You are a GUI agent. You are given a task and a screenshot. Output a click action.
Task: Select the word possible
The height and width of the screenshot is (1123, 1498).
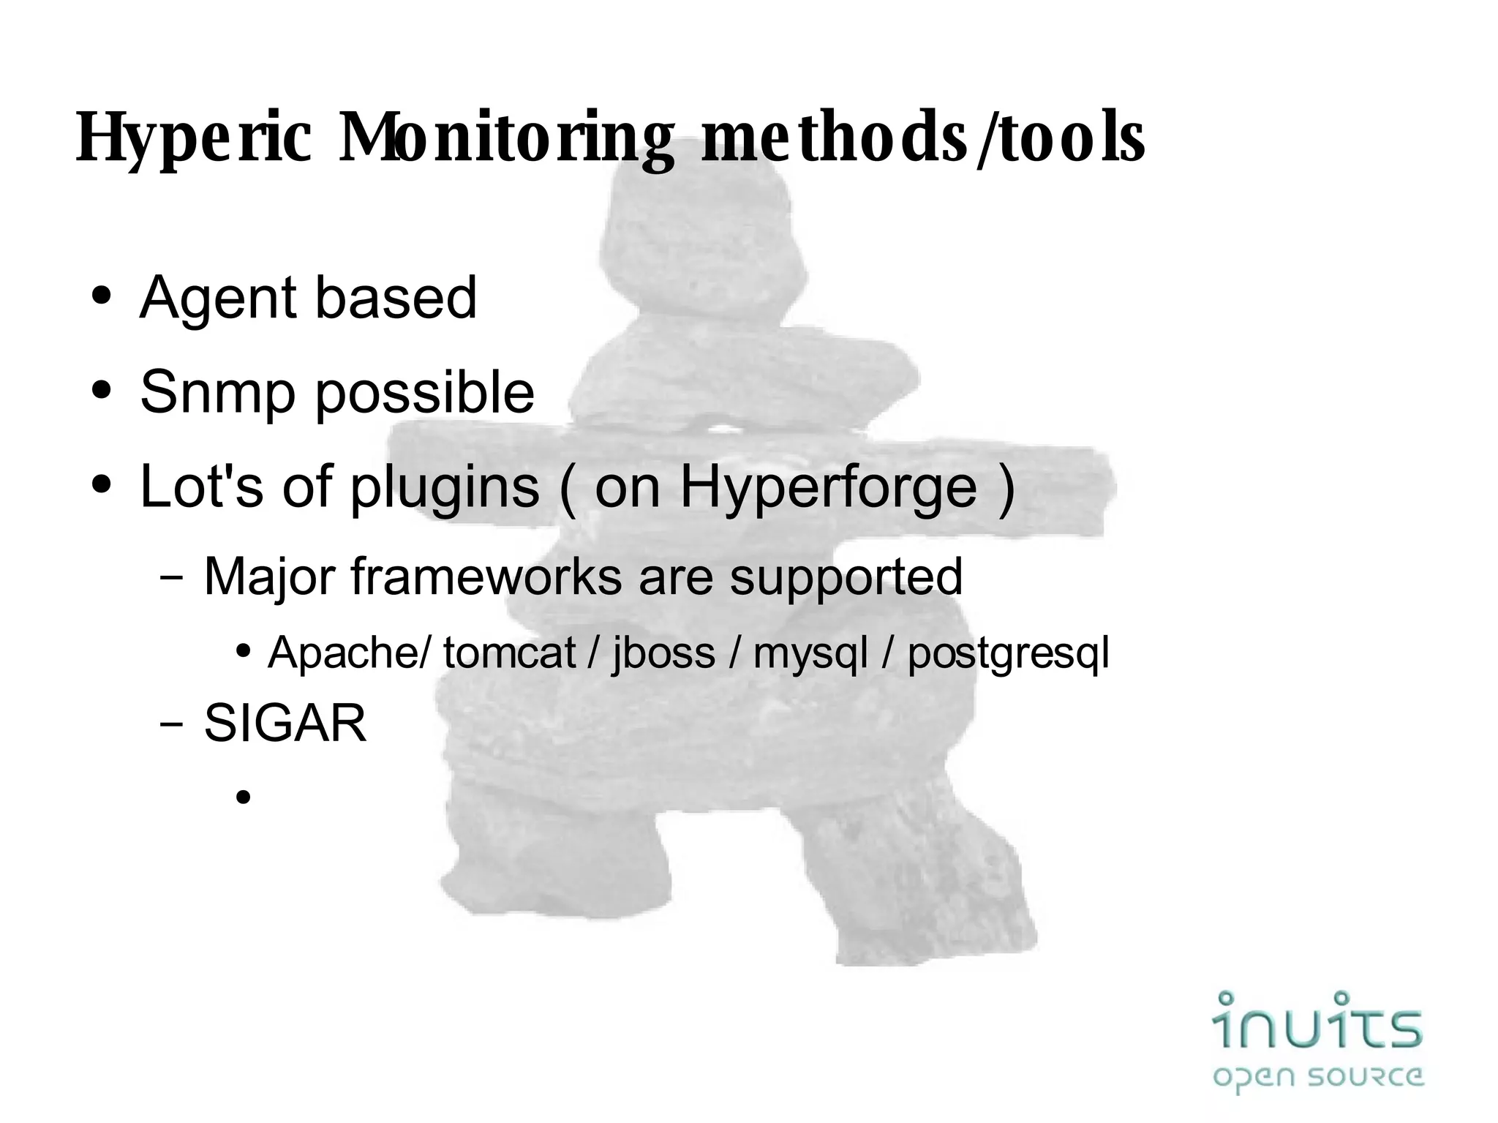tap(424, 393)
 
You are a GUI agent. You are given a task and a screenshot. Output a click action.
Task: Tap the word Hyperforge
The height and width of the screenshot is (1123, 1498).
tap(829, 487)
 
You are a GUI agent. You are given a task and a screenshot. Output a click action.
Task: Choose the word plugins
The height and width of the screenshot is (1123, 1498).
tap(445, 487)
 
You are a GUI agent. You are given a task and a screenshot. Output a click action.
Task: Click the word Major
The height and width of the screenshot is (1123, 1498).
tap(268, 576)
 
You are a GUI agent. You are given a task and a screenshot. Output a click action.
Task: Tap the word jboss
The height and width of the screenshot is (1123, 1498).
tap(663, 653)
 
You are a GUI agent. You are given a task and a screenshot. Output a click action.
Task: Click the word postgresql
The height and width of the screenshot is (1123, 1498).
tap(1008, 653)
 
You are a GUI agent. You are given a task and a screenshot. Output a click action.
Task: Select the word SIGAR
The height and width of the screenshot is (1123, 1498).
tap(285, 724)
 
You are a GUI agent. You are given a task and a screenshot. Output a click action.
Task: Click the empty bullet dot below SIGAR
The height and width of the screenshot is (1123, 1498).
tap(244, 797)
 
